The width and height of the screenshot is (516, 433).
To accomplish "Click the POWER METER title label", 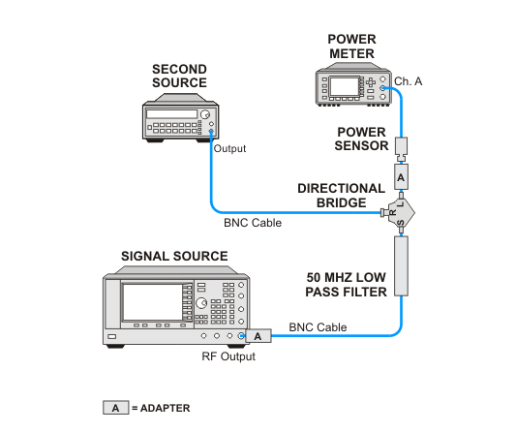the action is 351,46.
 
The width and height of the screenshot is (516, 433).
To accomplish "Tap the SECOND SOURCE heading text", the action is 179,76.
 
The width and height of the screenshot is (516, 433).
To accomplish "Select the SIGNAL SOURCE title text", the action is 174,256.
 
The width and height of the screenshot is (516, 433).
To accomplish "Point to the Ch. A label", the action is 409,81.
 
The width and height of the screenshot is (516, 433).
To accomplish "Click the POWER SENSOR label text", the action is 361,139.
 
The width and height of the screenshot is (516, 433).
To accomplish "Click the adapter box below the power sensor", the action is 401,177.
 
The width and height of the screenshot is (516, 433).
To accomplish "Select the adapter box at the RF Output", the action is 258,336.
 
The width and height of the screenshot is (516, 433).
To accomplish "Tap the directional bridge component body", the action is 401,213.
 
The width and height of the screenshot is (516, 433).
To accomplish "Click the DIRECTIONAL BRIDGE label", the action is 342,196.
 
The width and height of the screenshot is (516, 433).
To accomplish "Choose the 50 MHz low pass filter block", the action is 401,266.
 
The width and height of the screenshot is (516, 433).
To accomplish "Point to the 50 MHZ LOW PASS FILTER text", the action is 346,285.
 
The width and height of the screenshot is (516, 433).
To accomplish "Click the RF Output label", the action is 228,356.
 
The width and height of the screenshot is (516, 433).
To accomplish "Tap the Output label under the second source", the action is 229,148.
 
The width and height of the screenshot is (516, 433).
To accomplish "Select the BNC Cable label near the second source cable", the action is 253,223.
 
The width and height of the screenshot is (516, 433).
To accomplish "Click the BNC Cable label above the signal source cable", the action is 318,327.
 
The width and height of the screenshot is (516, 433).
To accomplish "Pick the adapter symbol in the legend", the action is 115,408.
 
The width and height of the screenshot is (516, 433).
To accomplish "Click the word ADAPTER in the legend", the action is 166,409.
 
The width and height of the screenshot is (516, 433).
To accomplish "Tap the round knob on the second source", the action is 205,114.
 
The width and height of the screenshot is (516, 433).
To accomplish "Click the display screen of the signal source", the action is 152,302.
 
